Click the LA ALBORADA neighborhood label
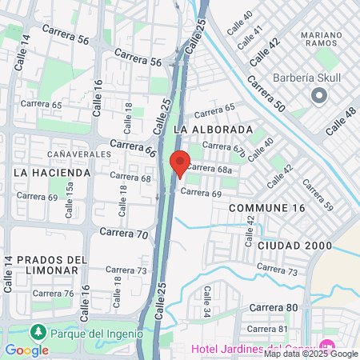(x=213, y=129)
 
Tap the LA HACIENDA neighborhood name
(x=53, y=172)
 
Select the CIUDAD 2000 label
(x=294, y=245)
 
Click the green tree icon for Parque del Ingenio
(x=37, y=331)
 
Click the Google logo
(x=26, y=350)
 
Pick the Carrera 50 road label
(x=266, y=94)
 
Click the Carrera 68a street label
(x=214, y=169)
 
